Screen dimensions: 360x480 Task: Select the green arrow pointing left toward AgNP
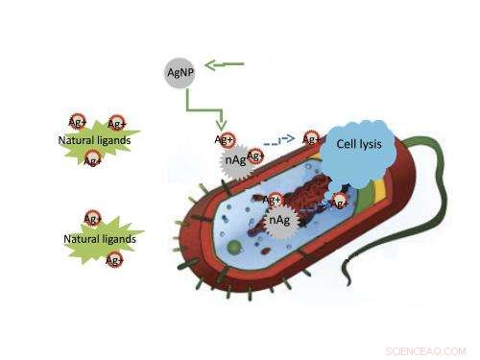pos(227,65)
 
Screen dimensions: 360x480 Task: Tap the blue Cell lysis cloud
pos(356,150)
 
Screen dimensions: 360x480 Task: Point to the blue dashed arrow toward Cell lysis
pos(281,139)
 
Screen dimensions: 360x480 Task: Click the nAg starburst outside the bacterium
pos(236,160)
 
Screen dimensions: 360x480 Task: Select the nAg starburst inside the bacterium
pos(278,221)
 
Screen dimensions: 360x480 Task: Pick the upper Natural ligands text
pos(94,141)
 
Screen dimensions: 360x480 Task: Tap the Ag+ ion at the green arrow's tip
pos(225,140)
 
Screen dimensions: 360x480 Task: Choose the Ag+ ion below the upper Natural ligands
pos(93,160)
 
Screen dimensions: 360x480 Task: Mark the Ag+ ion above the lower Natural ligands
pos(93,219)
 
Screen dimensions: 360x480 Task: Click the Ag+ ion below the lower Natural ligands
pos(113,259)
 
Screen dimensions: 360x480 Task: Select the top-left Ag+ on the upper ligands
pos(77,122)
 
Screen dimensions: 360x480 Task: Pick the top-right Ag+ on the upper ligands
pos(116,124)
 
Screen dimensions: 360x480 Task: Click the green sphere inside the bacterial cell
pos(233,248)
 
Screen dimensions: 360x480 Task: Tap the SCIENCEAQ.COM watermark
pos(422,350)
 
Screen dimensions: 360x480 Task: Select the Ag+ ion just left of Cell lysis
pos(311,139)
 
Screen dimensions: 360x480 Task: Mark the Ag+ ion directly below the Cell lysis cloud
pos(339,203)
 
